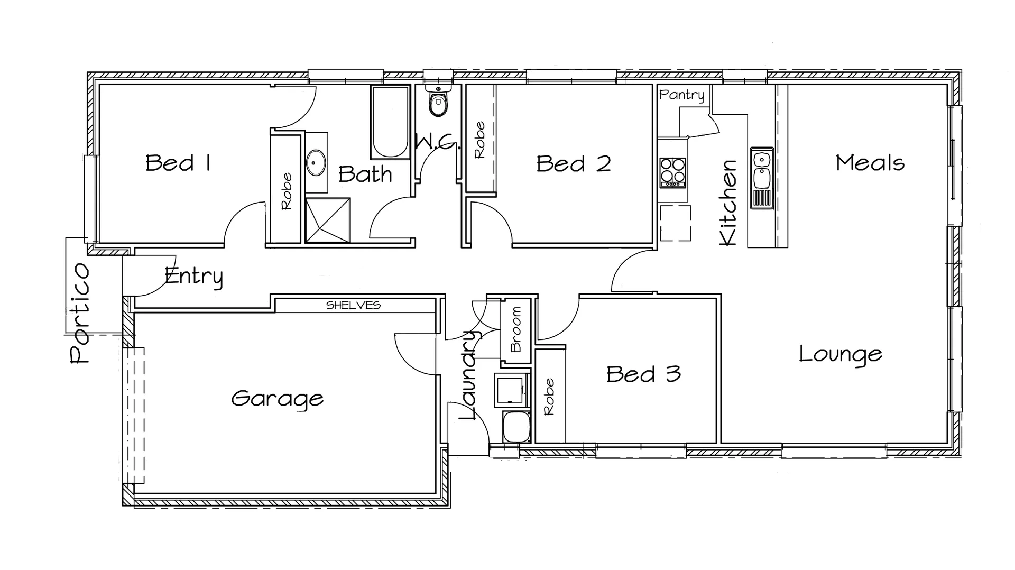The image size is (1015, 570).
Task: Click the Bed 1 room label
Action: click(178, 163)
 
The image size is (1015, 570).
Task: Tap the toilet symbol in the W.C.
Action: click(438, 103)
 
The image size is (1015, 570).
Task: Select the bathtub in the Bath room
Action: click(391, 123)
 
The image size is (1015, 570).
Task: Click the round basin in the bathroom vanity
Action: click(316, 162)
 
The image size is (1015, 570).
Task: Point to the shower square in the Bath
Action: click(328, 220)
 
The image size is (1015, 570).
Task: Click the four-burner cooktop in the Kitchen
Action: click(672, 172)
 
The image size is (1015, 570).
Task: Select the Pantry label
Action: click(682, 95)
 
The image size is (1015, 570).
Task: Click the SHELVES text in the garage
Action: click(353, 305)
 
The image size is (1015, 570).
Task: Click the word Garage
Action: click(277, 399)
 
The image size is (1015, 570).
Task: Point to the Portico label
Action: click(80, 313)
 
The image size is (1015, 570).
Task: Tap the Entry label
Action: click(193, 277)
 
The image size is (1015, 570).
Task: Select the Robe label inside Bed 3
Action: click(549, 397)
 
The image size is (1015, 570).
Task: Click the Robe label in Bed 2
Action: click(479, 140)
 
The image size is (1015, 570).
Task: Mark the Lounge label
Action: click(840, 354)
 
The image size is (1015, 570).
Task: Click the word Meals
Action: click(870, 163)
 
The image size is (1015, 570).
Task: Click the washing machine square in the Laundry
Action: click(511, 390)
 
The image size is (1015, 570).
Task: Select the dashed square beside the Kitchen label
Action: click(675, 223)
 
